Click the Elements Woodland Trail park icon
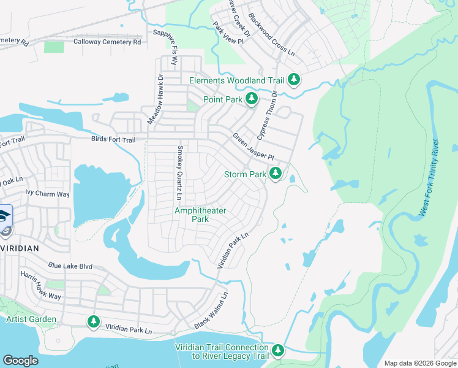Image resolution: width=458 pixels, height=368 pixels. pos(295,80)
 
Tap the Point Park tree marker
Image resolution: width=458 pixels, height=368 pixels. pos(251,99)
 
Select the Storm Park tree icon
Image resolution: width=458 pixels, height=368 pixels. pos(276,174)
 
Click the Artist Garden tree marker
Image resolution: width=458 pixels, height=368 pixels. pos(93,320)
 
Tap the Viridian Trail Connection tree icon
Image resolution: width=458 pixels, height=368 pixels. pos(278,350)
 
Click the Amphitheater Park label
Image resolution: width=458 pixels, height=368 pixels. pos(200,215)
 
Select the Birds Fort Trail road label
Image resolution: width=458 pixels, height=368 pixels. pos(113,140)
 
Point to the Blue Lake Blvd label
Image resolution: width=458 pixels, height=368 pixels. pos(70,266)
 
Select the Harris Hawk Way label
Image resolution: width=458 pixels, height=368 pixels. pos(40,286)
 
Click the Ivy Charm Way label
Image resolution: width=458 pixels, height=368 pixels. pos(47,194)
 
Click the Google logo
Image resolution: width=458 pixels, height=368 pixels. pos(20,360)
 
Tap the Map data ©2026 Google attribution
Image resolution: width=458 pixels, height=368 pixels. pos(419,363)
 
